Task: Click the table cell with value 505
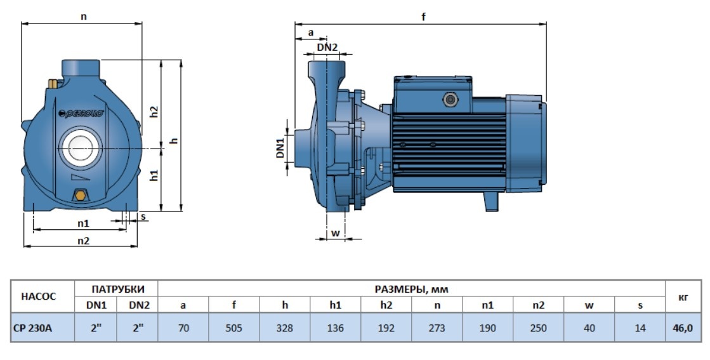(x=233, y=328)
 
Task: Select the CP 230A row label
(x=33, y=328)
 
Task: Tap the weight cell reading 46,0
(x=682, y=328)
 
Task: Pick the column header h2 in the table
(x=386, y=305)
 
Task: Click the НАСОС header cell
(x=39, y=297)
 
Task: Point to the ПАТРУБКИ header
(x=118, y=290)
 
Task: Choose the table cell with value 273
(x=437, y=328)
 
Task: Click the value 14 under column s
(x=640, y=328)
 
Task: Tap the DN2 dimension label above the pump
(x=327, y=47)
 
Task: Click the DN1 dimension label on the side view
(x=280, y=148)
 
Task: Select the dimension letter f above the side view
(x=423, y=17)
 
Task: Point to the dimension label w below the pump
(x=335, y=233)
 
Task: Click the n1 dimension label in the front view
(x=83, y=223)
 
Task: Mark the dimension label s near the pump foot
(x=143, y=217)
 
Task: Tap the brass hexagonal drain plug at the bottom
(x=81, y=196)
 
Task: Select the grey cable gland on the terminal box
(x=450, y=100)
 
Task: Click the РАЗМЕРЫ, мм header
(x=411, y=289)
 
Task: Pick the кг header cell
(x=683, y=297)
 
